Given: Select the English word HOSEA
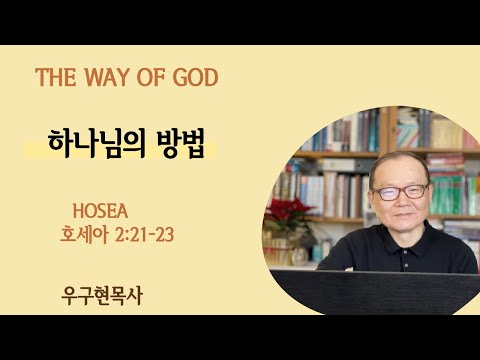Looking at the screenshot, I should [x=102, y=212].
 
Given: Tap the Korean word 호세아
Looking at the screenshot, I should [x=83, y=237].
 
